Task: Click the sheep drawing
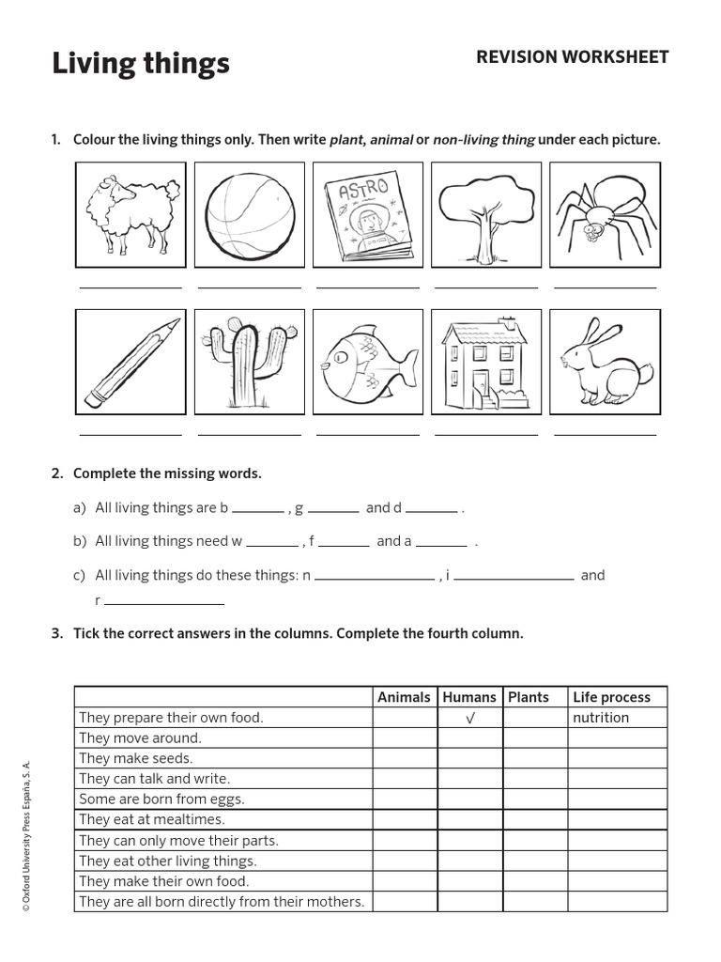coord(130,214)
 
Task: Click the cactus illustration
coord(248,362)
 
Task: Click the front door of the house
coord(480,384)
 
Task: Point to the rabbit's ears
coord(600,334)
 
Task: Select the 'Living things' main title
coord(141,64)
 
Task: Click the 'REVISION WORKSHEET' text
coord(572,57)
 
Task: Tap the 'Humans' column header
coord(469,697)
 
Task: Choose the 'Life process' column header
coord(611,697)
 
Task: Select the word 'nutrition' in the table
coord(601,718)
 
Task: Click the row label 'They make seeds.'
coord(136,758)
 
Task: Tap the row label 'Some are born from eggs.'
coord(161,799)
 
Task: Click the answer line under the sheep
coord(130,287)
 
